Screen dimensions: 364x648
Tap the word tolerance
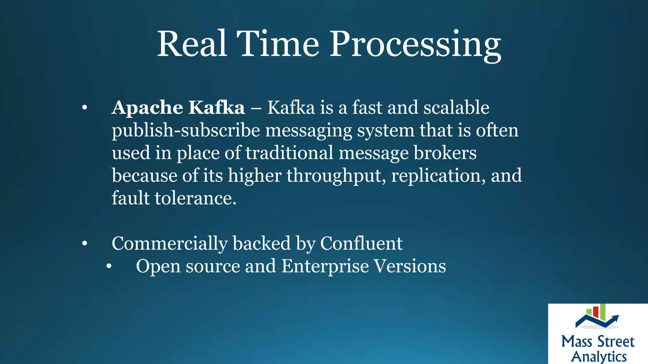pyautogui.click(x=196, y=198)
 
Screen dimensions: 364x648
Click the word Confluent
pyautogui.click(x=361, y=244)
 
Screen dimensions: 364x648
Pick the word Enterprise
pyautogui.click(x=325, y=266)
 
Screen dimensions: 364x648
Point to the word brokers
pyautogui.click(x=445, y=153)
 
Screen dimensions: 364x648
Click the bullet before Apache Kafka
pyautogui.click(x=84, y=108)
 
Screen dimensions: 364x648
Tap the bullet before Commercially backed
pyautogui.click(x=84, y=244)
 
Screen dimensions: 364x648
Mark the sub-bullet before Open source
pyautogui.click(x=109, y=266)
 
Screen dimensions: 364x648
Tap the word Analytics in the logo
pyautogui.click(x=599, y=357)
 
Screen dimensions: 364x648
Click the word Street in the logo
pyautogui.click(x=616, y=342)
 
